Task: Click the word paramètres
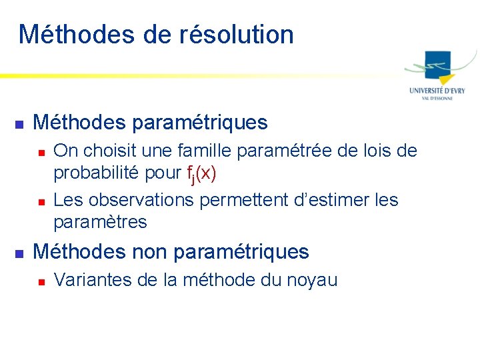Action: (x=100, y=222)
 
